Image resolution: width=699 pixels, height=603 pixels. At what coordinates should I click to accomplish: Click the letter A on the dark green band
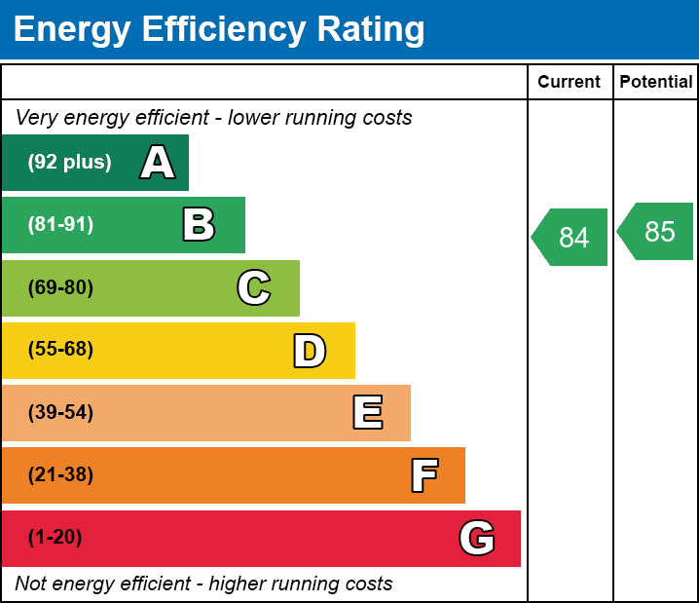[x=158, y=163]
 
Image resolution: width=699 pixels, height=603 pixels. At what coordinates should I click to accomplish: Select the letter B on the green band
[x=199, y=225]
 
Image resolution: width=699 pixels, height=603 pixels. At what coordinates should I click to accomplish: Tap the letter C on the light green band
[x=254, y=288]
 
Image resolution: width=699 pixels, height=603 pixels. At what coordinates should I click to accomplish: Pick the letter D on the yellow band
[x=310, y=351]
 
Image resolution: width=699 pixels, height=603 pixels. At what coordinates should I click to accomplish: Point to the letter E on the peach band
[x=367, y=413]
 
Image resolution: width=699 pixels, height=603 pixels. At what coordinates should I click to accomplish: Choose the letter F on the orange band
[x=423, y=476]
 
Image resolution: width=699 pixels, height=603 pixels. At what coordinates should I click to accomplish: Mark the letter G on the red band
[x=477, y=538]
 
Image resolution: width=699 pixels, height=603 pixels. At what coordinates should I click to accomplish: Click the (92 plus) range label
[x=69, y=163]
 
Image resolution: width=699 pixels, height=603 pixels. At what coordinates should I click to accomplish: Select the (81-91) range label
[x=60, y=225]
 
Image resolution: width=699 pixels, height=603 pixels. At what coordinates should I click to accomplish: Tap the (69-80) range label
[x=60, y=288]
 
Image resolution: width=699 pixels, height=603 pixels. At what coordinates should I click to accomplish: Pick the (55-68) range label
[x=60, y=351]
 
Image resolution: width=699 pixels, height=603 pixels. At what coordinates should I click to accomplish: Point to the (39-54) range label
[x=60, y=413]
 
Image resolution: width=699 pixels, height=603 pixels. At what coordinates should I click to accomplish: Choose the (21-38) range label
[x=60, y=475]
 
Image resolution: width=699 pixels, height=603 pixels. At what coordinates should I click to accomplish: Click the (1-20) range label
[x=55, y=538]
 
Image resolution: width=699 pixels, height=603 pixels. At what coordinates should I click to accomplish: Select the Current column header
[x=570, y=83]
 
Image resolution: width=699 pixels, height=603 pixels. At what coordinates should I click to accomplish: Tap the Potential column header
[x=656, y=83]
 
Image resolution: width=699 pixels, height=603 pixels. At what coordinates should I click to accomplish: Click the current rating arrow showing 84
[x=571, y=237]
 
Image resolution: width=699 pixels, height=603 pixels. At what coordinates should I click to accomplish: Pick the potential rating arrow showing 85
[x=657, y=232]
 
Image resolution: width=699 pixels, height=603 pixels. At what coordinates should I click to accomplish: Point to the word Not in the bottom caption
[x=31, y=584]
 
